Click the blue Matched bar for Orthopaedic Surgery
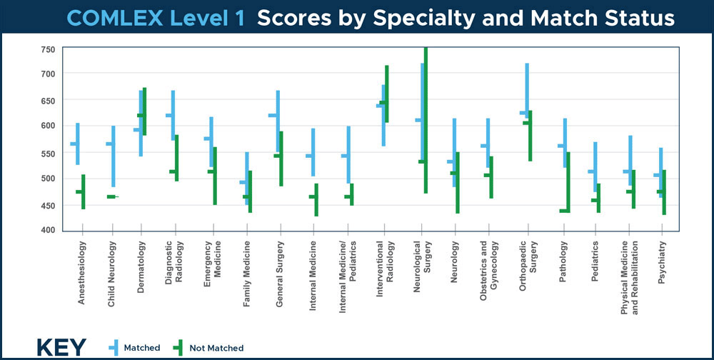coord(527,89)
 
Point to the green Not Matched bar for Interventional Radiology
coord(387,94)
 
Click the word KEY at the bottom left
coord(61,347)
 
